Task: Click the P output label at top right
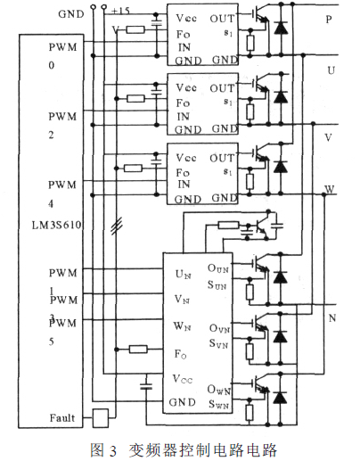tap(331, 18)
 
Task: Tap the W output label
tap(330, 191)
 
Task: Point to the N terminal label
tap(331, 318)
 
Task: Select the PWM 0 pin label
tap(62, 56)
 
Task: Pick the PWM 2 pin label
tap(62, 125)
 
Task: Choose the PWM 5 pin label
tap(62, 330)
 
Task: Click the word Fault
tap(63, 416)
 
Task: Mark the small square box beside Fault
tap(101, 416)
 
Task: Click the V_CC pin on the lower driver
tap(182, 379)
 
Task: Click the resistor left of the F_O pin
tap(138, 350)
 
